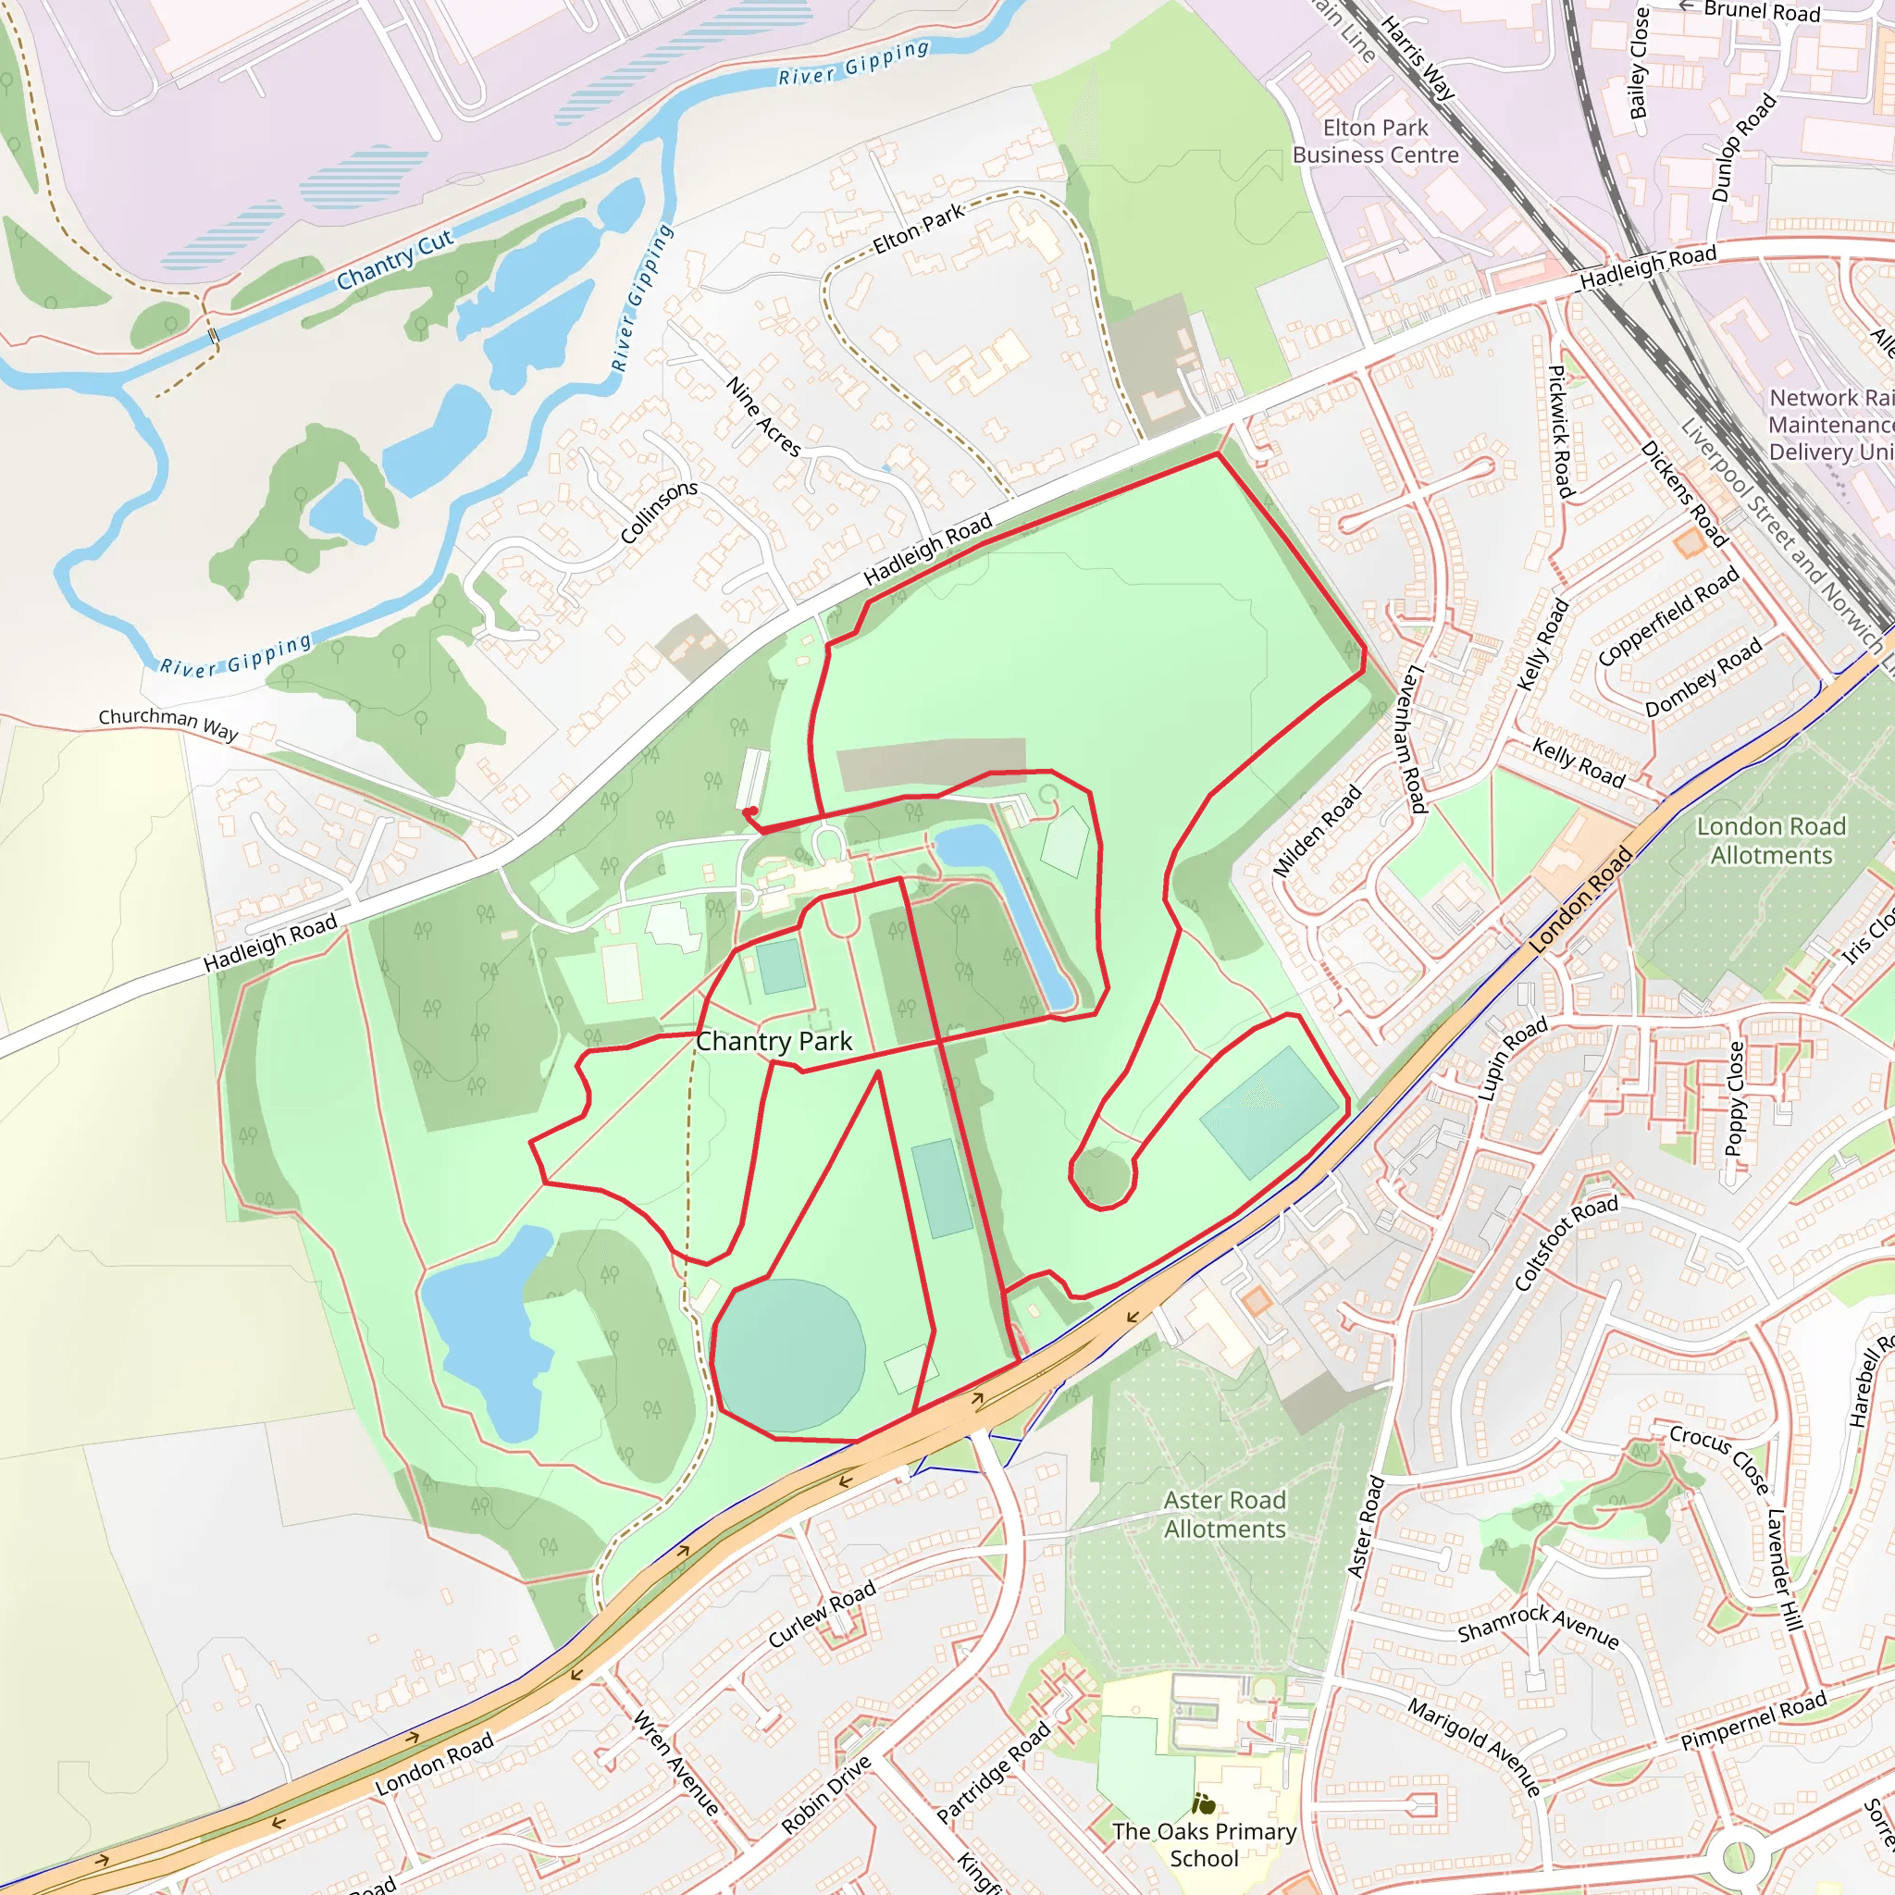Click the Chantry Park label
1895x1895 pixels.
pyautogui.click(x=774, y=1042)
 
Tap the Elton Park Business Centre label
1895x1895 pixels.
pyautogui.click(x=1375, y=142)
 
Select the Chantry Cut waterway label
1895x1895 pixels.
pyautogui.click(x=394, y=260)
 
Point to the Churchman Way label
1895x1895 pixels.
pyautogui.click(x=168, y=723)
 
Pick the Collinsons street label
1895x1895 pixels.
pyautogui.click(x=659, y=512)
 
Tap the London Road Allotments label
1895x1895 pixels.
pyautogui.click(x=1771, y=840)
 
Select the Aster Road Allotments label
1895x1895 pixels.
pyautogui.click(x=1224, y=1515)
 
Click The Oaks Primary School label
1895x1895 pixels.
pyautogui.click(x=1204, y=1844)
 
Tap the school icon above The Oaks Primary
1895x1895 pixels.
pyautogui.click(x=1204, y=1803)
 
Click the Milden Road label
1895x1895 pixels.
pyautogui.click(x=1318, y=830)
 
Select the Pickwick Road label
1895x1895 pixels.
pyautogui.click(x=1559, y=431)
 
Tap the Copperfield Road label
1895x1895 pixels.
pyautogui.click(x=1667, y=616)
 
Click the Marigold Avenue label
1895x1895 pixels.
pyautogui.click(x=1473, y=1747)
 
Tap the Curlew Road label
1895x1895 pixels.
pyautogui.click(x=821, y=1615)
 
